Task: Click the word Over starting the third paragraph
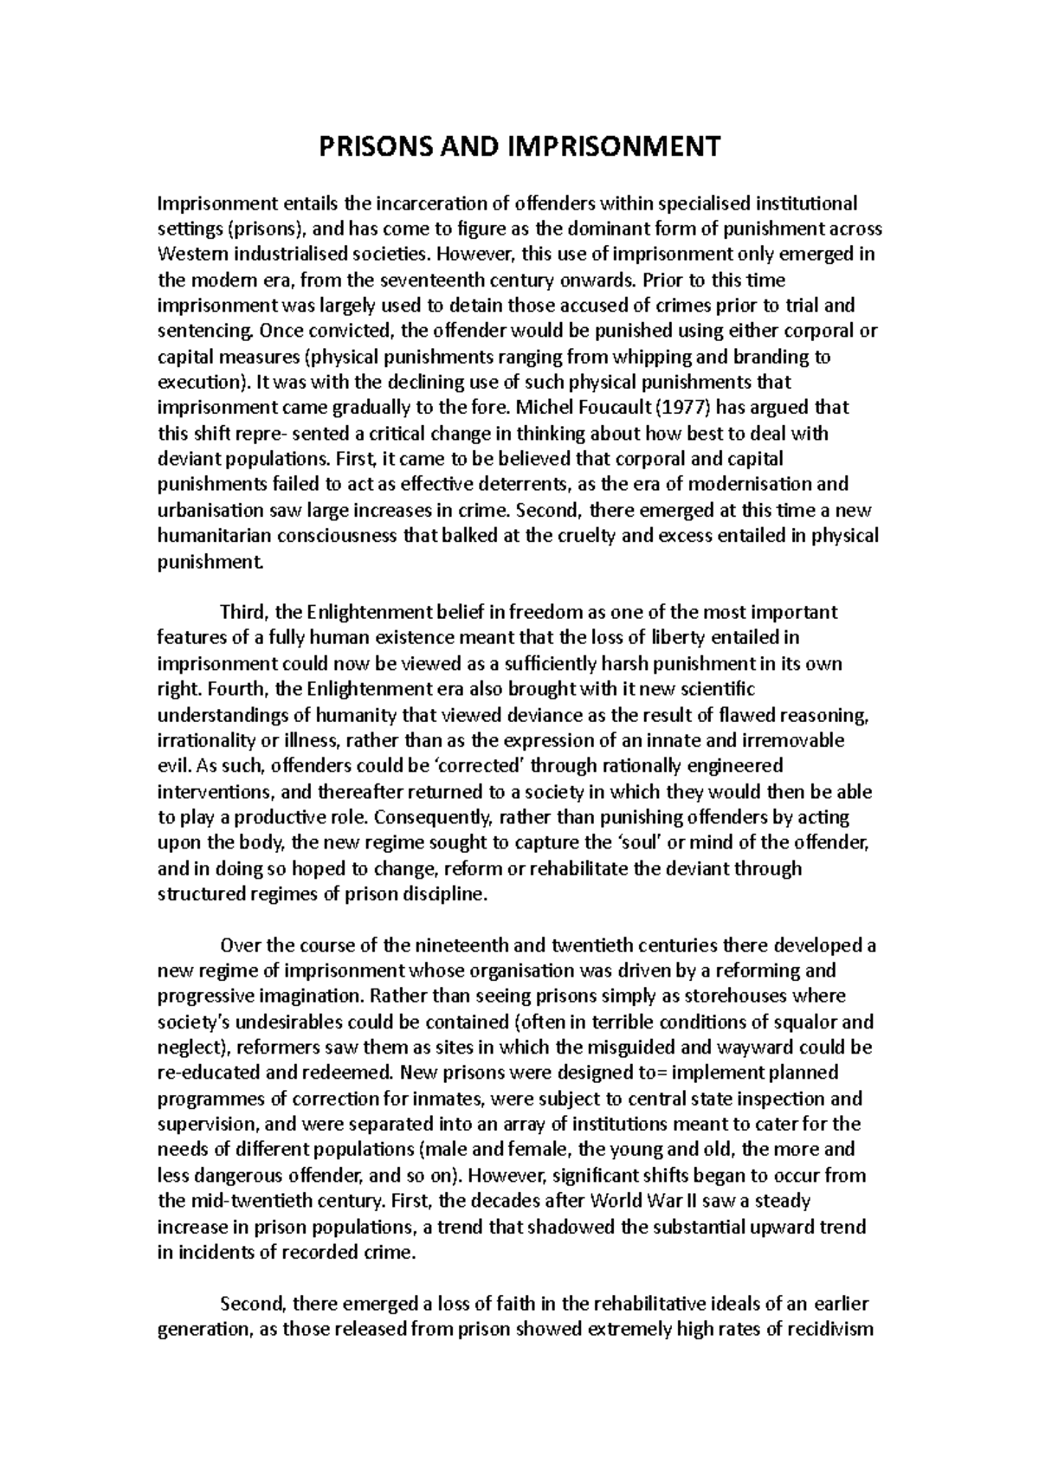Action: [x=239, y=945]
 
